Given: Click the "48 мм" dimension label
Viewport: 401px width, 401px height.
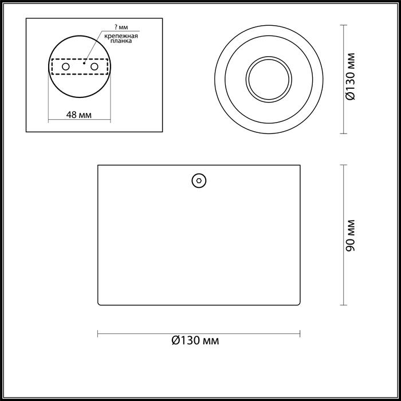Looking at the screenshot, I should tap(79, 115).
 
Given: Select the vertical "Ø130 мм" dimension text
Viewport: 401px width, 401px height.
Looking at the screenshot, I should tap(352, 78).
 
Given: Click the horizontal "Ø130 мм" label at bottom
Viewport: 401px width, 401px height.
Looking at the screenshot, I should tap(195, 341).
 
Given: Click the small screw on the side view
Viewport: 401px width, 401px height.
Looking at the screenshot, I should tap(199, 180).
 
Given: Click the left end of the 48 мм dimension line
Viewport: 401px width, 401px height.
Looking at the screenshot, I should tap(48, 120).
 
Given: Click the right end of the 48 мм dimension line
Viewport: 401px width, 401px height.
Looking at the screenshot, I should tap(111, 120).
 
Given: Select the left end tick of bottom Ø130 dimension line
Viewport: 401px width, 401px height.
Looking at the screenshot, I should tap(98, 333).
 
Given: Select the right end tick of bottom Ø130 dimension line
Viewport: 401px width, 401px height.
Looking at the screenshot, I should tap(301, 333).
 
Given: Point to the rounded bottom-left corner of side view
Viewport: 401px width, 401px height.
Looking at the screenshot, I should tap(100, 304).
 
